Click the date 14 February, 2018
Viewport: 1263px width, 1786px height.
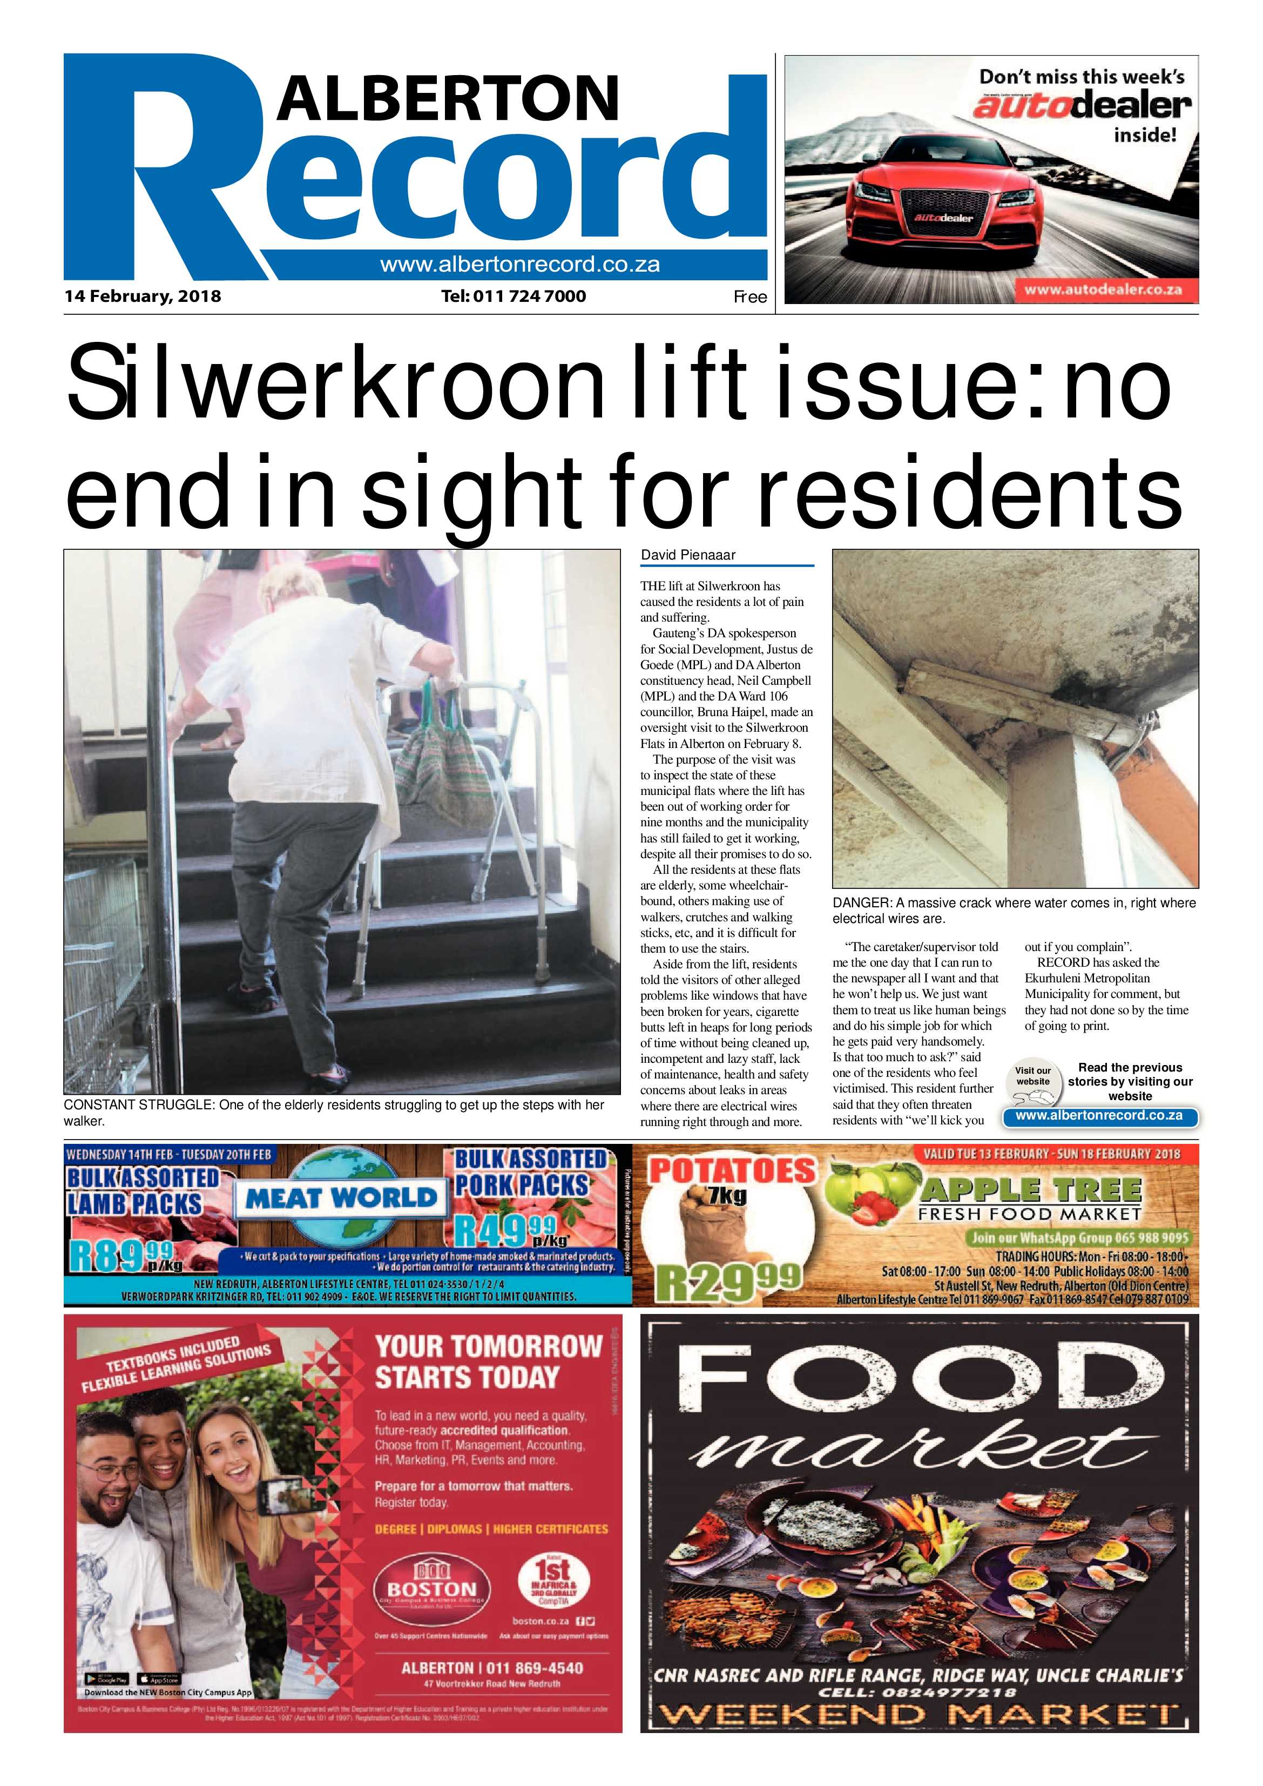click(143, 296)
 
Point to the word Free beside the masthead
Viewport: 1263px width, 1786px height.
click(749, 296)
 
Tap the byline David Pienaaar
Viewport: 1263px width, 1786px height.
click(687, 555)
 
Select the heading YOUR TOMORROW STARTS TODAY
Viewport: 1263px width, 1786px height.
click(488, 1362)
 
